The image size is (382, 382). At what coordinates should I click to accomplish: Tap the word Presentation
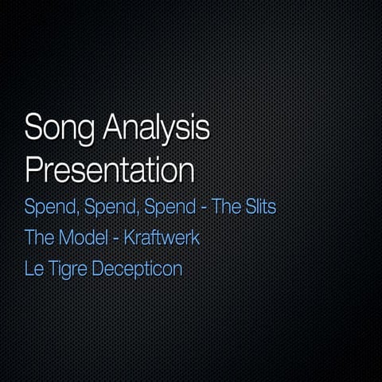coord(110,170)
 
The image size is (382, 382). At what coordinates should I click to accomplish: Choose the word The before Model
coord(39,238)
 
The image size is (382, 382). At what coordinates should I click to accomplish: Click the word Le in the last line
coord(33,268)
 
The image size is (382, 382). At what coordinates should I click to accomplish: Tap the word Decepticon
coord(137,269)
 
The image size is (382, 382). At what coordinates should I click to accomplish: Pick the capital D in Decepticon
coord(98,268)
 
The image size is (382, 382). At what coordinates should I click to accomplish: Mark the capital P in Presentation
coord(33,170)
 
